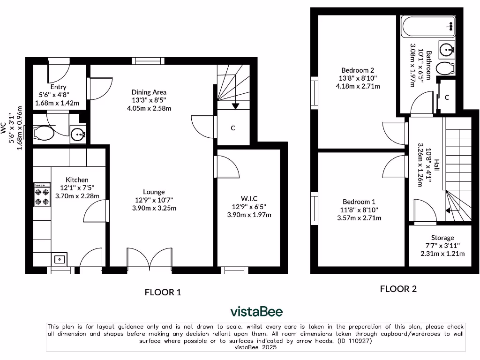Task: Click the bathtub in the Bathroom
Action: tap(428, 26)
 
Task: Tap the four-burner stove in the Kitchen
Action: tap(42, 195)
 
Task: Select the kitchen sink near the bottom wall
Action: tap(60, 259)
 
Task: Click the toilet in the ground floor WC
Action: tap(43, 134)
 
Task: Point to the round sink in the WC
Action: tap(77, 135)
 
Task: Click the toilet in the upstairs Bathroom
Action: tap(445, 68)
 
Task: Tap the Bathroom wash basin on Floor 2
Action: tap(446, 48)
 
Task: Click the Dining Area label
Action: tap(149, 92)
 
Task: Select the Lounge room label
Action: tap(154, 192)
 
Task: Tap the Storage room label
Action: tap(442, 238)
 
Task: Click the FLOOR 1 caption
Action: tap(163, 292)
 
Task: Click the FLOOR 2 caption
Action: tap(398, 289)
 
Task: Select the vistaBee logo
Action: tap(256, 312)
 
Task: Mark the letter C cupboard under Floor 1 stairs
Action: tap(232, 127)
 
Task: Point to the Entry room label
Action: tap(59, 87)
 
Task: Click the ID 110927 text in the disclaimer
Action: tap(354, 341)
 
